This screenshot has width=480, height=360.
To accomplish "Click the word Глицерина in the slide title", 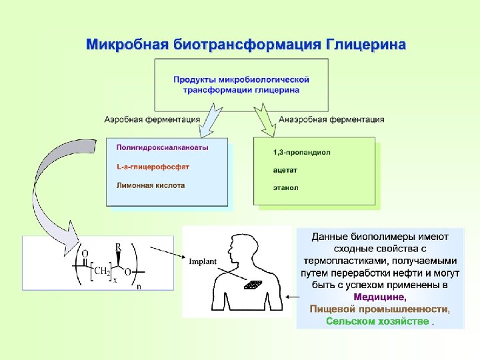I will pos(365,46).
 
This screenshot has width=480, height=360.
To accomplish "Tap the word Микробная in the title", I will pos(127,46).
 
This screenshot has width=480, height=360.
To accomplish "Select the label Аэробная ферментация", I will pos(152,120).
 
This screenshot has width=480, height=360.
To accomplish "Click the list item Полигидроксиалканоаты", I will pos(162,147).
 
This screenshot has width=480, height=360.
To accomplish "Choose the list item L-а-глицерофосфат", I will pos(153,166).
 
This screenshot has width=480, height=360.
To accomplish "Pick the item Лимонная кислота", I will pos(151,185).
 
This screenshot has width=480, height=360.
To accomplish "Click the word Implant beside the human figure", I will pos(202,262).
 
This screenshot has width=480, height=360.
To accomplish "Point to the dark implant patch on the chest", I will pos(253,285).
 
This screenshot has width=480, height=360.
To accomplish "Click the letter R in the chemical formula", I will pos(118,247).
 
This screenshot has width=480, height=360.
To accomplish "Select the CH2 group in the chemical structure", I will pos(101,271).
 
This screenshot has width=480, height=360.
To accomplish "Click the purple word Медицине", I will pos(379,297).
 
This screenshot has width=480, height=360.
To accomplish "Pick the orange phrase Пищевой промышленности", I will pos(379,309).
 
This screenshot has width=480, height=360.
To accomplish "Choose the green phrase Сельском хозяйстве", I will pos(377,321).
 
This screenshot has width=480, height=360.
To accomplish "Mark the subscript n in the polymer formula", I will pos(139,287).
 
